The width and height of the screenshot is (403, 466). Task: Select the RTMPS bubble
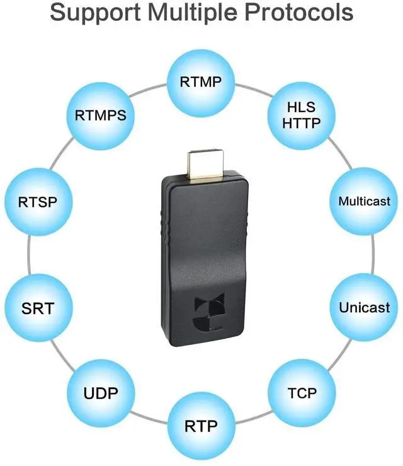tap(101, 115)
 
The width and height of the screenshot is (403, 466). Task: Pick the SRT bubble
tap(38, 308)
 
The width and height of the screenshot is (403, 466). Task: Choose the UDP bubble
tap(101, 395)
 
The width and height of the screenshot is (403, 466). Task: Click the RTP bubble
tap(201, 426)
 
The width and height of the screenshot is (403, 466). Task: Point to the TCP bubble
tap(302, 393)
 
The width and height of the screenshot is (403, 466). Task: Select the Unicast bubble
tap(364, 308)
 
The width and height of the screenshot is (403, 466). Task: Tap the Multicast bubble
tap(364, 202)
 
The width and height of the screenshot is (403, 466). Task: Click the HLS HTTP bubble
tap(302, 115)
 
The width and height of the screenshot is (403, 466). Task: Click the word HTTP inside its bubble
tap(302, 124)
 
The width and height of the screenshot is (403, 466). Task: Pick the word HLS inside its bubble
tap(302, 108)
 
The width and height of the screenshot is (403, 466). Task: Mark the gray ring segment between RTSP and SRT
tap(28, 255)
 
